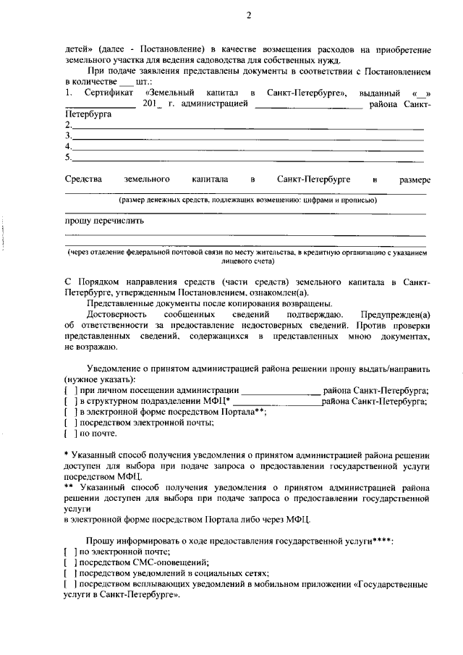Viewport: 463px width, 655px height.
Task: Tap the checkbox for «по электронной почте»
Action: click(x=69, y=552)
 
